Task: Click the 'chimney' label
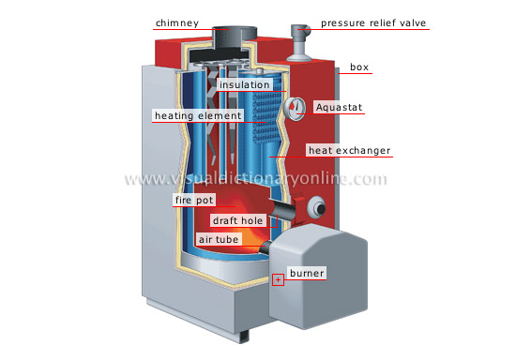(x=176, y=22)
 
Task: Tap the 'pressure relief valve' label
(x=374, y=22)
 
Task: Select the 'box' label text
(x=359, y=67)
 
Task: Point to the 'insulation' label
(x=245, y=84)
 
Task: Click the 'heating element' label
(x=198, y=116)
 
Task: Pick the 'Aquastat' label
(x=339, y=108)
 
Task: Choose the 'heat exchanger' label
(x=349, y=150)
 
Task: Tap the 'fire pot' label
(x=194, y=201)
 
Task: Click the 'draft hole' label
(x=238, y=220)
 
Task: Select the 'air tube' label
(x=220, y=240)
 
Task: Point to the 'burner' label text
(x=307, y=274)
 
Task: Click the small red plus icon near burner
(x=278, y=279)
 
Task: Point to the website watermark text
(x=256, y=180)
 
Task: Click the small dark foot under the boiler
(x=245, y=335)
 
